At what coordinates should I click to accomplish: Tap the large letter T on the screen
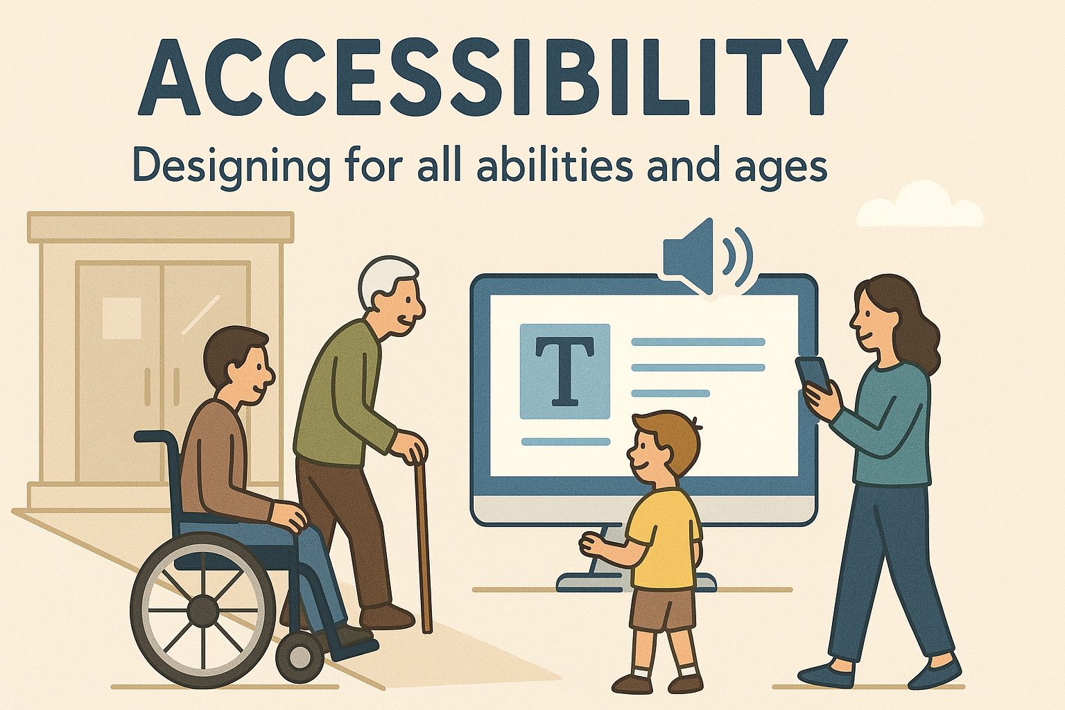[565, 372]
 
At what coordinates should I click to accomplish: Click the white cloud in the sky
[921, 206]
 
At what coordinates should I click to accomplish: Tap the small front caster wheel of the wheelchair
[300, 656]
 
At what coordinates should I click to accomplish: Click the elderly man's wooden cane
[424, 548]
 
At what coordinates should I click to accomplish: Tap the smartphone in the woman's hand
[813, 375]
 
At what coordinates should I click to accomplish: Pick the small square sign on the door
[121, 318]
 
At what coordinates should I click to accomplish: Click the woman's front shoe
[825, 675]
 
